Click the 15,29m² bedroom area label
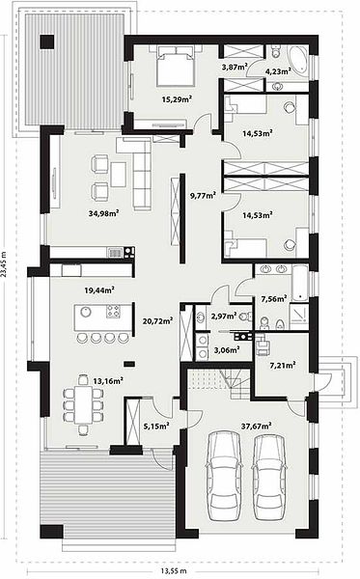tap(177, 98)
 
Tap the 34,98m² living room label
tap(103, 213)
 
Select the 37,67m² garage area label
tap(256, 426)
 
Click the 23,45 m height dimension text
tap(4, 263)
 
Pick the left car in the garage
tap(223, 477)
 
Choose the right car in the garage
tap(269, 477)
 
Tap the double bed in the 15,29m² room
tap(175, 67)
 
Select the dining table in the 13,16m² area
tap(83, 404)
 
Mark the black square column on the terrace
tap(47, 41)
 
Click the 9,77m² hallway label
tap(203, 195)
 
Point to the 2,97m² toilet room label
tap(224, 316)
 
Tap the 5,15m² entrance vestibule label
tap(156, 427)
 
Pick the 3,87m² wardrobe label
tap(235, 67)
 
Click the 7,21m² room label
tap(283, 366)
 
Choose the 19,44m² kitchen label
tap(99, 289)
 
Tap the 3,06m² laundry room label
tap(227, 349)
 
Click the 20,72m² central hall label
tap(157, 321)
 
